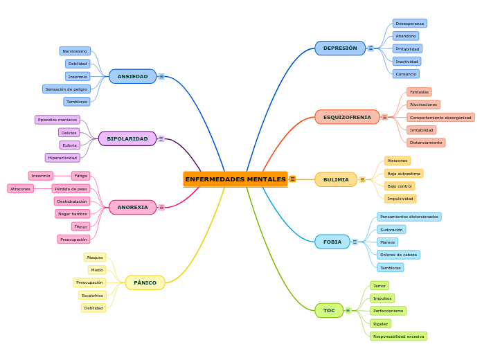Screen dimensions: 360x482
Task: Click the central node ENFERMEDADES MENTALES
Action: (x=235, y=179)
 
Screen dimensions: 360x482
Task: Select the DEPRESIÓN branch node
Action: (x=340, y=48)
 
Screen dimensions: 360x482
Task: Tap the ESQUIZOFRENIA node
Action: (x=347, y=117)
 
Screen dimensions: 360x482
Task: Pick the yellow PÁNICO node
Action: (x=145, y=282)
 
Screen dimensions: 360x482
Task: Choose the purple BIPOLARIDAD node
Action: (x=127, y=138)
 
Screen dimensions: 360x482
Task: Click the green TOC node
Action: (x=329, y=310)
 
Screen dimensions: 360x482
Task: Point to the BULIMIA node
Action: (x=336, y=179)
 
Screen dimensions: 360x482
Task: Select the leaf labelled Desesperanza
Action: (x=409, y=24)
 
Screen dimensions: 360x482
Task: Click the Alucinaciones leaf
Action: (x=423, y=105)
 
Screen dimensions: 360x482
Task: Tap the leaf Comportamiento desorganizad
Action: (x=440, y=118)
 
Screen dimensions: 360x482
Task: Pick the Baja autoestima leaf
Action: (x=404, y=174)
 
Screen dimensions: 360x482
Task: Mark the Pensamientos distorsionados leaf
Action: (x=409, y=217)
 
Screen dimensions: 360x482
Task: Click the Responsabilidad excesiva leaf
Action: (x=398, y=336)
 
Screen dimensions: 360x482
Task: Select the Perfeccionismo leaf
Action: (x=388, y=311)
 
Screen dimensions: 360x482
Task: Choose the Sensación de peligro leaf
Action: (x=66, y=89)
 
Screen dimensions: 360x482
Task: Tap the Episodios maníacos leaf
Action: (x=57, y=120)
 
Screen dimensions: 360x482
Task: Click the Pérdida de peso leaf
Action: (x=71, y=188)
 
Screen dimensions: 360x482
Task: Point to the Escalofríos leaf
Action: (x=92, y=296)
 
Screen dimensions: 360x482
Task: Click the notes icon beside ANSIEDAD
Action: (x=161, y=76)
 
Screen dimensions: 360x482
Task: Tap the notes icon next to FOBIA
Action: (x=355, y=242)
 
